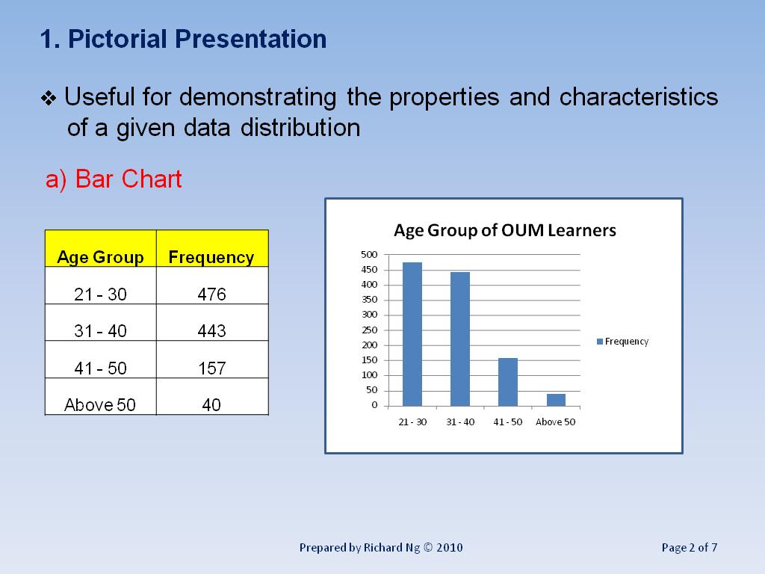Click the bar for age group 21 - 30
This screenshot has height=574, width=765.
coord(412,334)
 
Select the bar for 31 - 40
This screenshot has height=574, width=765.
coord(460,339)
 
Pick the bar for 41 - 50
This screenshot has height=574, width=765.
coord(508,382)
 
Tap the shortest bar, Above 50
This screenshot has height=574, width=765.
coord(556,400)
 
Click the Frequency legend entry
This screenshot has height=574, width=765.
coord(622,342)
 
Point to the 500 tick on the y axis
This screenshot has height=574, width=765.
coord(369,254)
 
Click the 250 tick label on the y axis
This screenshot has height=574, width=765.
coord(369,330)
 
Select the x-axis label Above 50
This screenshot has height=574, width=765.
coord(555,422)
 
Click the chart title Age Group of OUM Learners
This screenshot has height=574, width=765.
coord(505,230)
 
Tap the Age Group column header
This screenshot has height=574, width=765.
coord(101,257)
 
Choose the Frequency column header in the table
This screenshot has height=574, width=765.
coord(211,257)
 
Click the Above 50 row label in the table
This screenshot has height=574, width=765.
coord(100,404)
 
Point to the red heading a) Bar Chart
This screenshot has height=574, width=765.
coord(114,179)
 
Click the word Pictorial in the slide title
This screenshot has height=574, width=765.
coord(117,39)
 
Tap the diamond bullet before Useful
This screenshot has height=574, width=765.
coord(49,99)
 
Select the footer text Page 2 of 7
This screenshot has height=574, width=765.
coord(690,548)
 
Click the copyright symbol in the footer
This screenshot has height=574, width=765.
coord(428,547)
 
